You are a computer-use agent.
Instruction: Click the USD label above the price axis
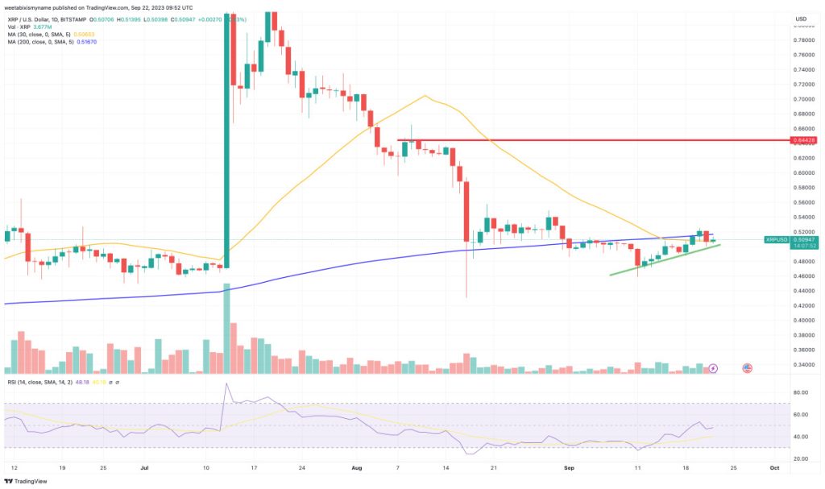point(800,19)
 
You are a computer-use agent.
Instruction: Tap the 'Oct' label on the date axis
point(774,466)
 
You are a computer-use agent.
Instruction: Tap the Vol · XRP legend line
point(32,26)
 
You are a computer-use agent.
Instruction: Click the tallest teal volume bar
point(227,329)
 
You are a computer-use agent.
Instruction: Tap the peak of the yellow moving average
point(424,96)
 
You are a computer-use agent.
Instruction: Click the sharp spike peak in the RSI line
point(226,384)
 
